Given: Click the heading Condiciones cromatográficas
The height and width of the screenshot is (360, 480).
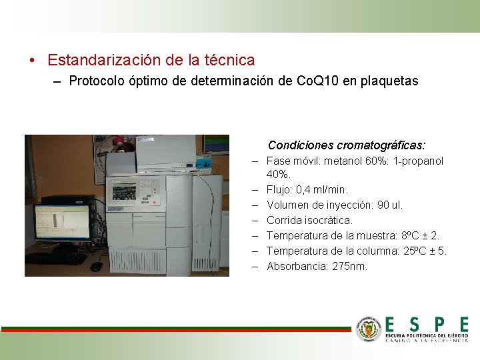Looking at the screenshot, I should click(x=347, y=145).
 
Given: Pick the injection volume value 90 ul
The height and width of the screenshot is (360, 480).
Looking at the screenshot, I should click(x=388, y=205).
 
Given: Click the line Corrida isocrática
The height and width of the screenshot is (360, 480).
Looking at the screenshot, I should click(x=309, y=220).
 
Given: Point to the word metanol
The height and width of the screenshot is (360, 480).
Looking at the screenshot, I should click(x=345, y=161).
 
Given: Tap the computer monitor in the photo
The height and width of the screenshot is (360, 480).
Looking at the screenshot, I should click(x=62, y=222).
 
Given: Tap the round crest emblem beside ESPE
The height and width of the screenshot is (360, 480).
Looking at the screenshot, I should click(x=369, y=329).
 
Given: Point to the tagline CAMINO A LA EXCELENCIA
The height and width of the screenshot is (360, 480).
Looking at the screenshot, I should click(x=427, y=340).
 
